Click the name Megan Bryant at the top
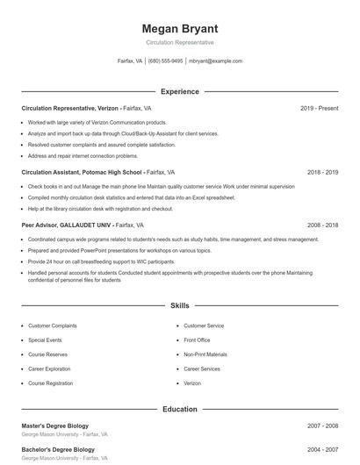(x=179, y=29)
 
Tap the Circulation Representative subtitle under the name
(x=179, y=42)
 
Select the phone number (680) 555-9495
(x=165, y=61)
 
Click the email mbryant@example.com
(x=215, y=61)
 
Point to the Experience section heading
(x=179, y=91)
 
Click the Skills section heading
(x=179, y=306)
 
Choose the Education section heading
(x=179, y=409)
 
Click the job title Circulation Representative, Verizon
(x=69, y=108)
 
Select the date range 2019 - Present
(x=319, y=108)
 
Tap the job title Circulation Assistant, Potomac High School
(x=82, y=173)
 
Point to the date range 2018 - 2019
(x=322, y=173)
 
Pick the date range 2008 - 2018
(x=322, y=225)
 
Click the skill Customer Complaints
(x=52, y=325)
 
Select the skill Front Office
(x=197, y=340)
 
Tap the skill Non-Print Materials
(x=205, y=354)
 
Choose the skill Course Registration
(x=50, y=383)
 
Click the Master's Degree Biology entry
(x=55, y=426)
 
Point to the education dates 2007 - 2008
(x=322, y=426)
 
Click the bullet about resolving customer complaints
(x=101, y=144)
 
